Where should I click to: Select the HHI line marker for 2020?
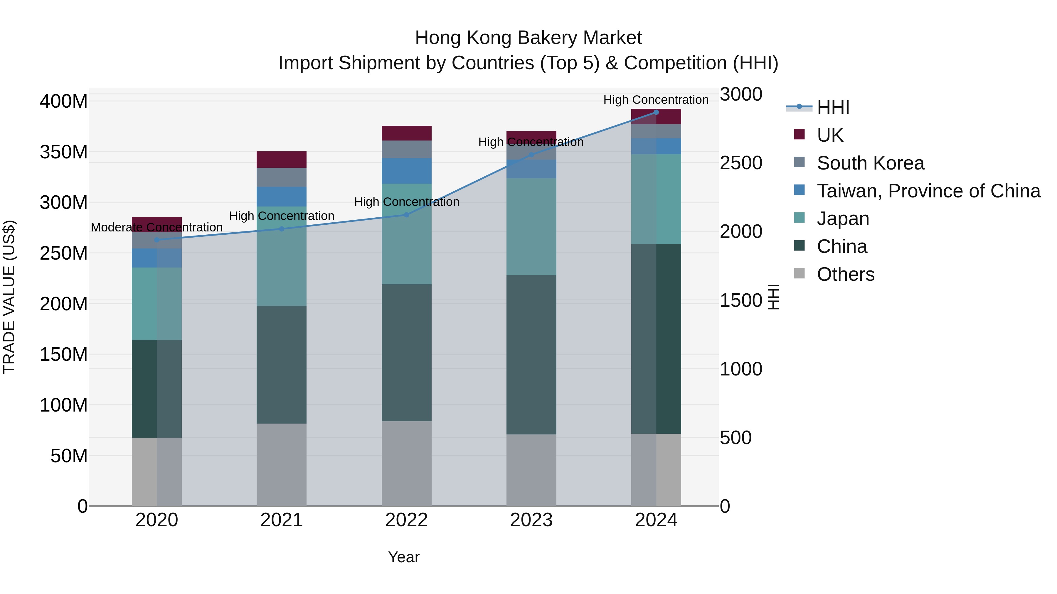157,240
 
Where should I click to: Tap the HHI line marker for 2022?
406,215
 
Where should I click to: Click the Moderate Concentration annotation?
157,227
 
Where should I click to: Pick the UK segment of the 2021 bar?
282,160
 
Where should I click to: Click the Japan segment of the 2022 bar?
406,234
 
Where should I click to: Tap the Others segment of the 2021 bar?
282,464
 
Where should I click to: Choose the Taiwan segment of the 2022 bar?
406,171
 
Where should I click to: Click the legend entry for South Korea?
870,163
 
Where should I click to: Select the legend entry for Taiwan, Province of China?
928,191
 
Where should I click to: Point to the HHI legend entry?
833,107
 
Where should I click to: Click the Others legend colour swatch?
799,273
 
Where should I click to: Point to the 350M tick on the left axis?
64,152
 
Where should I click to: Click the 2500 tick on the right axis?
741,163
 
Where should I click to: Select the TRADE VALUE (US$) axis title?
9,297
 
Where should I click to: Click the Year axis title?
403,557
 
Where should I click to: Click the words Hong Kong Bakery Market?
528,38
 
